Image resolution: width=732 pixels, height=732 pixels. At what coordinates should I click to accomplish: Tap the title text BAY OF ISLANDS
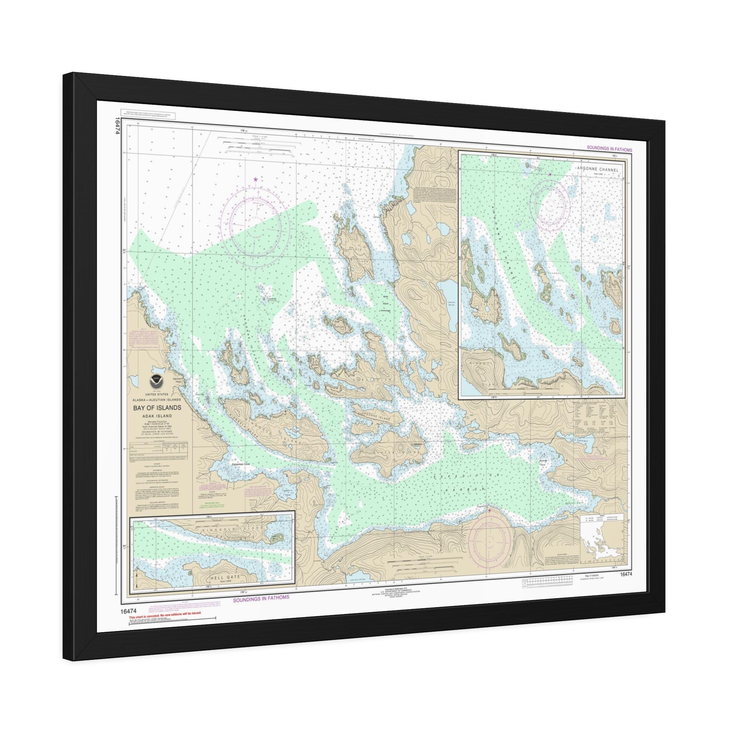pos(157,408)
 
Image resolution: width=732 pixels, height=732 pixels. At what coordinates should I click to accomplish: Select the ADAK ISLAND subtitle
pos(157,416)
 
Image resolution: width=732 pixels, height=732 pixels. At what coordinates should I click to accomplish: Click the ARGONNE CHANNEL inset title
pos(597,170)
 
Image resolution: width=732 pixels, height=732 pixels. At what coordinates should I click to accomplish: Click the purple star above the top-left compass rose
pos(256,179)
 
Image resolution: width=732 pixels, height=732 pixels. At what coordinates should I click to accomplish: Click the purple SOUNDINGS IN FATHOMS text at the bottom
pos(261,597)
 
